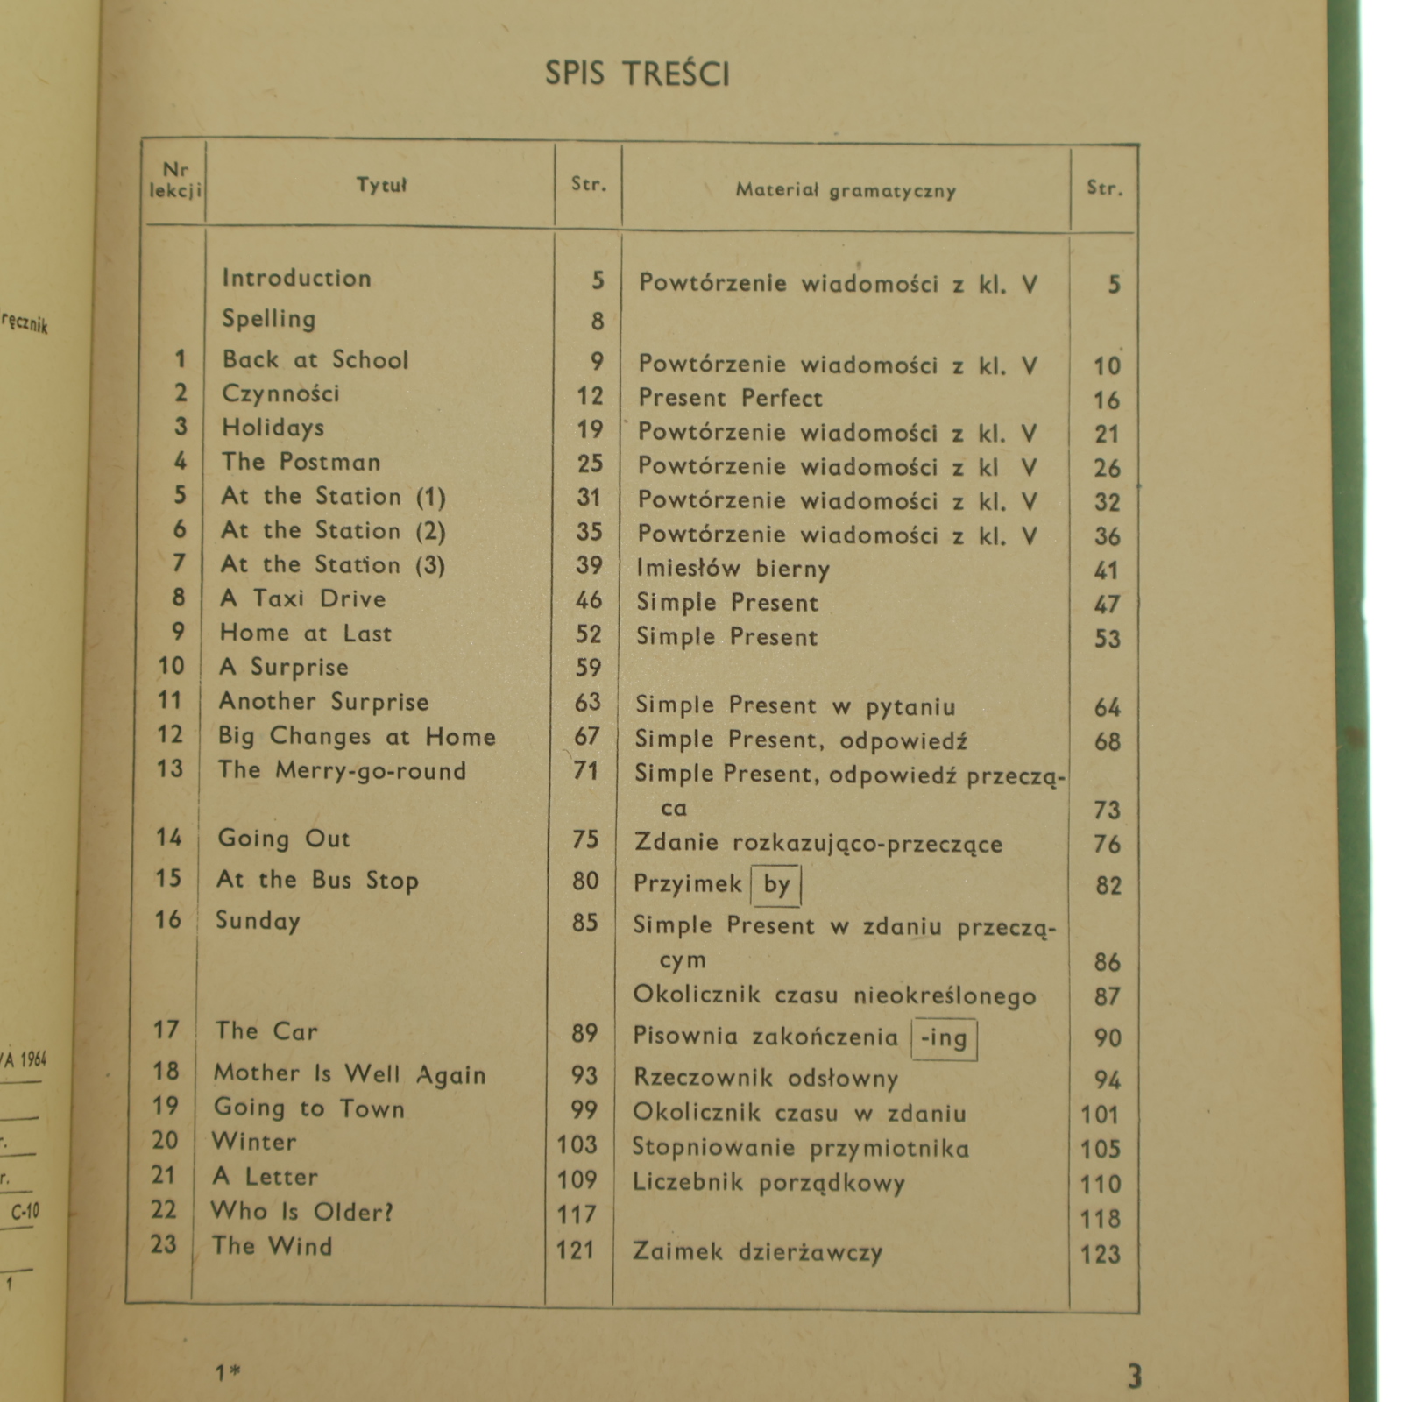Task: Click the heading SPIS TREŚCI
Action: coord(637,74)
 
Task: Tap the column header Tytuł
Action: coord(381,185)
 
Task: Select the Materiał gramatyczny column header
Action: coord(846,189)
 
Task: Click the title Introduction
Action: coord(296,279)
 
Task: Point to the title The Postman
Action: coord(301,462)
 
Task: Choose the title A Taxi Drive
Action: coord(302,598)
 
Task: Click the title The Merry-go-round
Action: coord(342,771)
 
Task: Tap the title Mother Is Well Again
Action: coord(349,1073)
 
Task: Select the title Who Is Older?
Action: coord(302,1212)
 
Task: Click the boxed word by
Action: coord(776,884)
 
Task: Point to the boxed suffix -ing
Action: coord(944,1038)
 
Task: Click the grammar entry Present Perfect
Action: coord(730,399)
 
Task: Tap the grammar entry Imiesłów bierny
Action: coord(733,569)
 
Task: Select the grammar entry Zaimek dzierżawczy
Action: coord(757,1251)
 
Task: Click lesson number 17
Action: coord(166,1030)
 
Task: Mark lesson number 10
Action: coord(171,666)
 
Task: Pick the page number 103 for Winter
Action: coord(576,1144)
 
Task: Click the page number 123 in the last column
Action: coord(1100,1254)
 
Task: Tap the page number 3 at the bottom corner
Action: coord(1134,1377)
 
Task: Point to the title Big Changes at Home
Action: coord(357,736)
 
